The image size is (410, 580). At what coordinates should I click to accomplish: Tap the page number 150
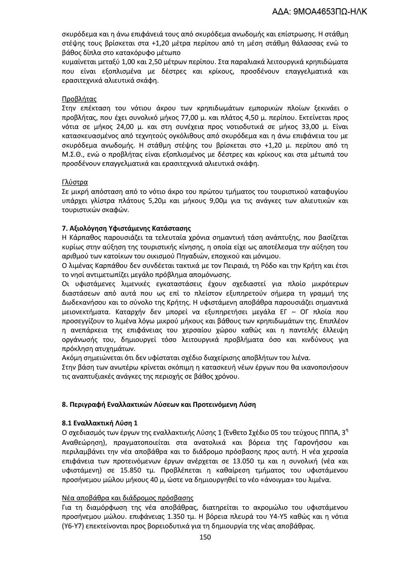[x=205, y=537]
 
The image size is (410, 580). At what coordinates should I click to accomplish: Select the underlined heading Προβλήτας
[x=79, y=99]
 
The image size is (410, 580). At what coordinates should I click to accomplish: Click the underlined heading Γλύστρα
[x=74, y=182]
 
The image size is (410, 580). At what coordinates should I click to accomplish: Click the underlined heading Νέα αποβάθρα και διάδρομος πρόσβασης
[x=127, y=498]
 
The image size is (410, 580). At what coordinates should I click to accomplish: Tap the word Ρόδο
[x=272, y=265]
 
